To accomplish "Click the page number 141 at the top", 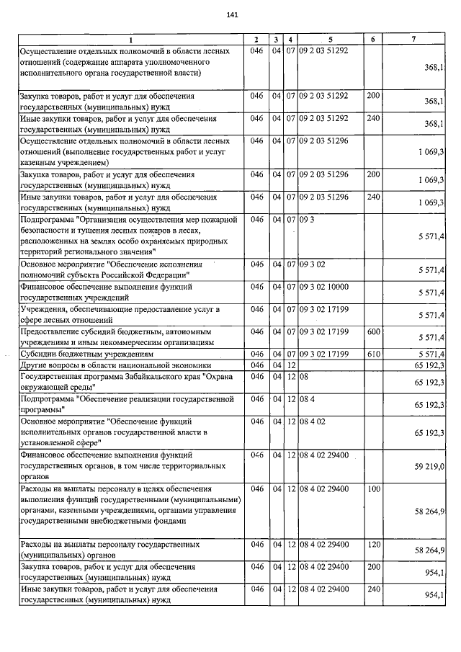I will tap(231, 14).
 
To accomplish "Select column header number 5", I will tap(330, 39).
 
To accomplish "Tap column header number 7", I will tap(413, 39).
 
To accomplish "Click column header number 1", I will tap(130, 39).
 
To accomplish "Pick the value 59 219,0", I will tap(429, 467).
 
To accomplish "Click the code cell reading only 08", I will tap(303, 376).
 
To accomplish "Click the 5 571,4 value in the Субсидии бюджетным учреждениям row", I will tap(430, 354).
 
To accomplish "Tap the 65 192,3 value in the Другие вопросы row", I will tap(429, 365).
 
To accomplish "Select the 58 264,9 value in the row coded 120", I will tap(429, 550).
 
